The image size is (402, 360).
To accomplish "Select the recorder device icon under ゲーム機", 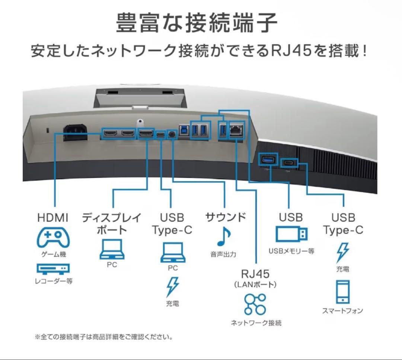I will pyautogui.click(x=53, y=269).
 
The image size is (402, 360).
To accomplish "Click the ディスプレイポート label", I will pyautogui.click(x=112, y=224).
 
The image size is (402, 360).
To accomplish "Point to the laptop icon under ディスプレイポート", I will pyautogui.click(x=112, y=250).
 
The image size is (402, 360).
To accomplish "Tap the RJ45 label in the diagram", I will pyautogui.click(x=255, y=274).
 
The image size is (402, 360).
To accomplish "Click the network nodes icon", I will pyautogui.click(x=255, y=304).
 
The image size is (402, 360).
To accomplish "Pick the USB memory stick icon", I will pyautogui.click(x=292, y=234).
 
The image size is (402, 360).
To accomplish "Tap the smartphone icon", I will pyautogui.click(x=342, y=292).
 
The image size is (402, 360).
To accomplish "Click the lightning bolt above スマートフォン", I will pyautogui.click(x=342, y=253).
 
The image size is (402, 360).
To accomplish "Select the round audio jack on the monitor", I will pyautogui.click(x=172, y=134).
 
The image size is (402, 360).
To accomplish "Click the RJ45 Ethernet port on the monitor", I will pyautogui.click(x=236, y=131).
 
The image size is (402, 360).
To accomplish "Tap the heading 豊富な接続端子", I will pyautogui.click(x=197, y=23).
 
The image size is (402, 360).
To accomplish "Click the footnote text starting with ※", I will pyautogui.click(x=103, y=337).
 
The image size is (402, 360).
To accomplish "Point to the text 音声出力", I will pyautogui.click(x=223, y=255).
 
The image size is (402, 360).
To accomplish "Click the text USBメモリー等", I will pyautogui.click(x=291, y=252).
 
